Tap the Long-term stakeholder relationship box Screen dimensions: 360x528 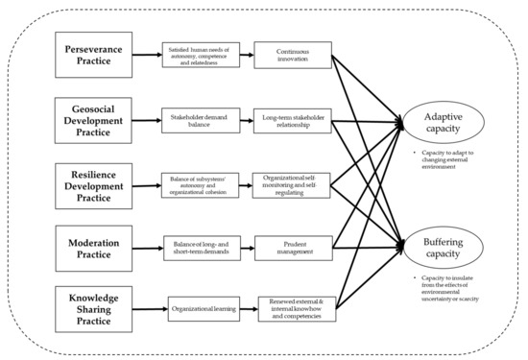[293, 121]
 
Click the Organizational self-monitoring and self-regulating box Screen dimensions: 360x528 [293, 184]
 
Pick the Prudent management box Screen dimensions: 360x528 [293, 248]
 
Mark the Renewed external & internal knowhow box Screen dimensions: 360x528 [299, 310]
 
